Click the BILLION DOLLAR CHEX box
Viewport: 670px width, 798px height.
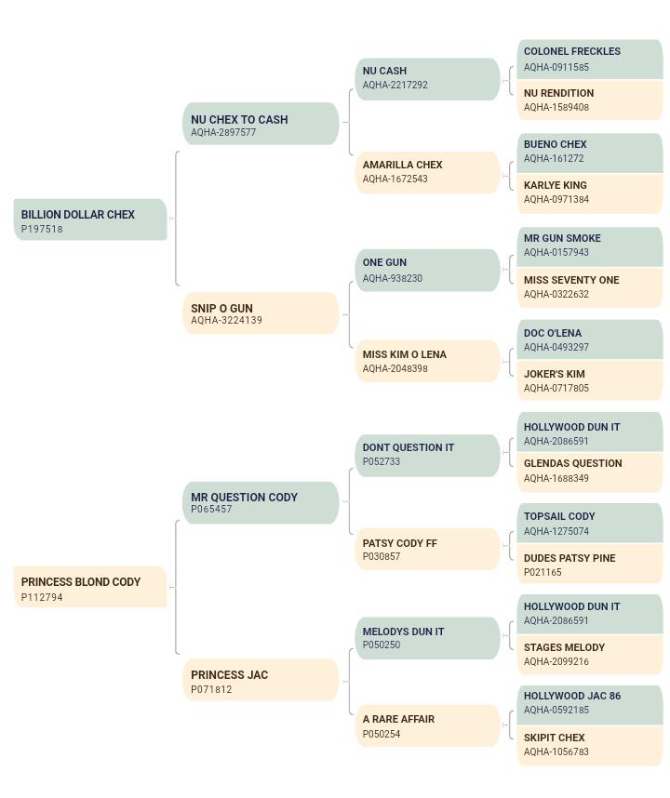pos(90,219)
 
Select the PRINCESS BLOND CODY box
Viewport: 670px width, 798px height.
pos(90,587)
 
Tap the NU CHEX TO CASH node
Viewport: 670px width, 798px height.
pos(261,124)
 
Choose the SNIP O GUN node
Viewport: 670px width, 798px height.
pos(261,313)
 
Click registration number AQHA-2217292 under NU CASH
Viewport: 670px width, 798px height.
pos(395,85)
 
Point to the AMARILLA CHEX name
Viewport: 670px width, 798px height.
pos(402,165)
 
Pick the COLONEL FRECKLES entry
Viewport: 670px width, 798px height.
pos(590,60)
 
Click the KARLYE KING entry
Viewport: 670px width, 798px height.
pos(590,193)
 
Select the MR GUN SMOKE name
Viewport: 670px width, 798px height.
pos(562,238)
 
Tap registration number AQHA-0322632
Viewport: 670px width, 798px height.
pos(556,294)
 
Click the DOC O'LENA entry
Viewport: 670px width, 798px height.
pos(590,340)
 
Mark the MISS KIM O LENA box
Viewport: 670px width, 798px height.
pos(428,361)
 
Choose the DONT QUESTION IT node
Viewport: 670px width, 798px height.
pos(428,456)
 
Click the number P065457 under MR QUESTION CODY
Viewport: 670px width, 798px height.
pos(211,509)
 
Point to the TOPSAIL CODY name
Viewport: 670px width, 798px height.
pos(559,516)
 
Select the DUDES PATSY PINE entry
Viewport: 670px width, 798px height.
pos(590,565)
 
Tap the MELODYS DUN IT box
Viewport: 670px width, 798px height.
pos(428,638)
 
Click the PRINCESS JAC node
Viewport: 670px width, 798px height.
pos(261,680)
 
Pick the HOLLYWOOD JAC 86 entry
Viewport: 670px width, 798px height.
pos(590,705)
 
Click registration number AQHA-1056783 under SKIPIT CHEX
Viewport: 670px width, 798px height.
pos(556,751)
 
